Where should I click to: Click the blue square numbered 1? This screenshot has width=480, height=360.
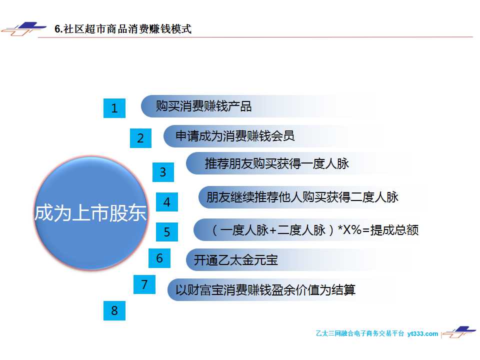(114, 108)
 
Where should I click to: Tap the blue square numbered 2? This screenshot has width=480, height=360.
(140, 138)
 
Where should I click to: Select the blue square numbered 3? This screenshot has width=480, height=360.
(163, 172)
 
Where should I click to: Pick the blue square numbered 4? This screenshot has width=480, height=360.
(167, 201)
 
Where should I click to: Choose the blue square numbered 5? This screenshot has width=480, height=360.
(167, 231)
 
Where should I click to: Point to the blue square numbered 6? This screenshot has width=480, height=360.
(159, 258)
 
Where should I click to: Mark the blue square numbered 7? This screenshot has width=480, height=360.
(144, 284)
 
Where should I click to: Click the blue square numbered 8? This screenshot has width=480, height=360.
(114, 310)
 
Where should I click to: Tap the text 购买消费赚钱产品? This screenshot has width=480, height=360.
(203, 106)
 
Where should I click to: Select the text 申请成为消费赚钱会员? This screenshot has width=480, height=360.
(235, 136)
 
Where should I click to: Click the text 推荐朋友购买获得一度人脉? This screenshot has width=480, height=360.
(276, 163)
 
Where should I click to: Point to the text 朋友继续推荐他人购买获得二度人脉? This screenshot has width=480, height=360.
(302, 197)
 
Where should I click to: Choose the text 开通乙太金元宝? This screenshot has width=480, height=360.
(235, 260)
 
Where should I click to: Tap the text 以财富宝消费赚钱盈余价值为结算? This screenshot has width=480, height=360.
(265, 289)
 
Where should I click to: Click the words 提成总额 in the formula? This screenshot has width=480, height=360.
(394, 230)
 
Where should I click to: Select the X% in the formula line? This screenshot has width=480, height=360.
(352, 229)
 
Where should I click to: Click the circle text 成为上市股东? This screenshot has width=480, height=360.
(90, 213)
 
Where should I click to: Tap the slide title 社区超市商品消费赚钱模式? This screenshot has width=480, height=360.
(127, 29)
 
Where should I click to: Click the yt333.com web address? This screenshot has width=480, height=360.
(422, 333)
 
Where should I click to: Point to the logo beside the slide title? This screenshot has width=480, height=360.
(24, 29)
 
